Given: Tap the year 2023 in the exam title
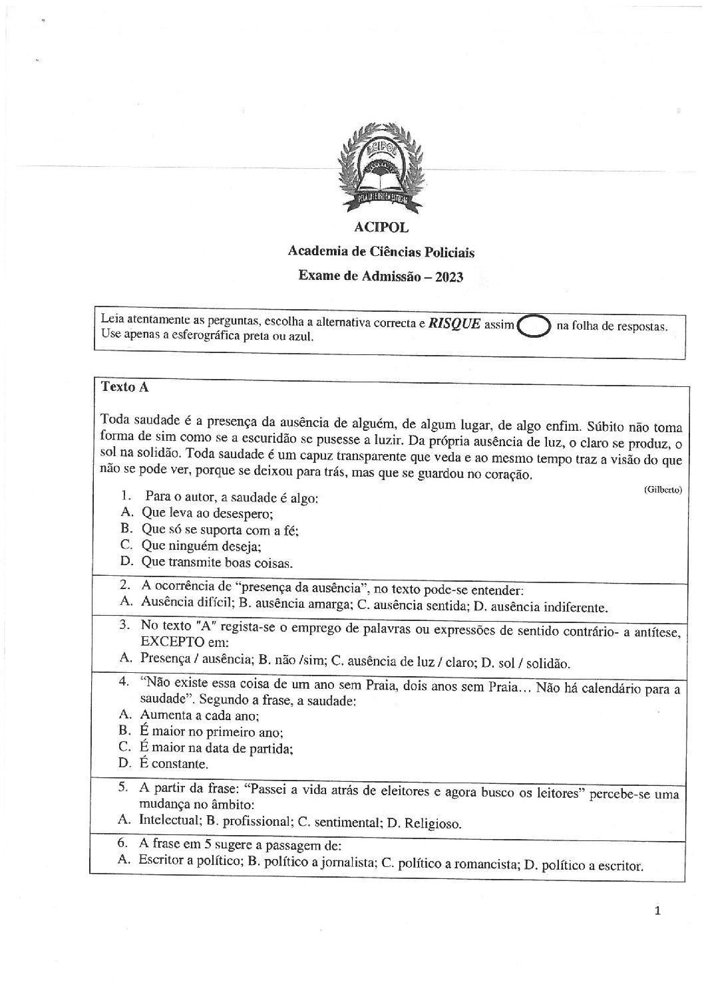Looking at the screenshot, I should [449, 276].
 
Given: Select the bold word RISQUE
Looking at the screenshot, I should [454, 324].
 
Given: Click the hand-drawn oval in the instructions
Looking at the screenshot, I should [534, 326].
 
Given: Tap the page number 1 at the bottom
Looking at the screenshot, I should [657, 912].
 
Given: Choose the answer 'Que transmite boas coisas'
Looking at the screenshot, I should [217, 562].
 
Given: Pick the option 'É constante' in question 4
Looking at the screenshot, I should [174, 764].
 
